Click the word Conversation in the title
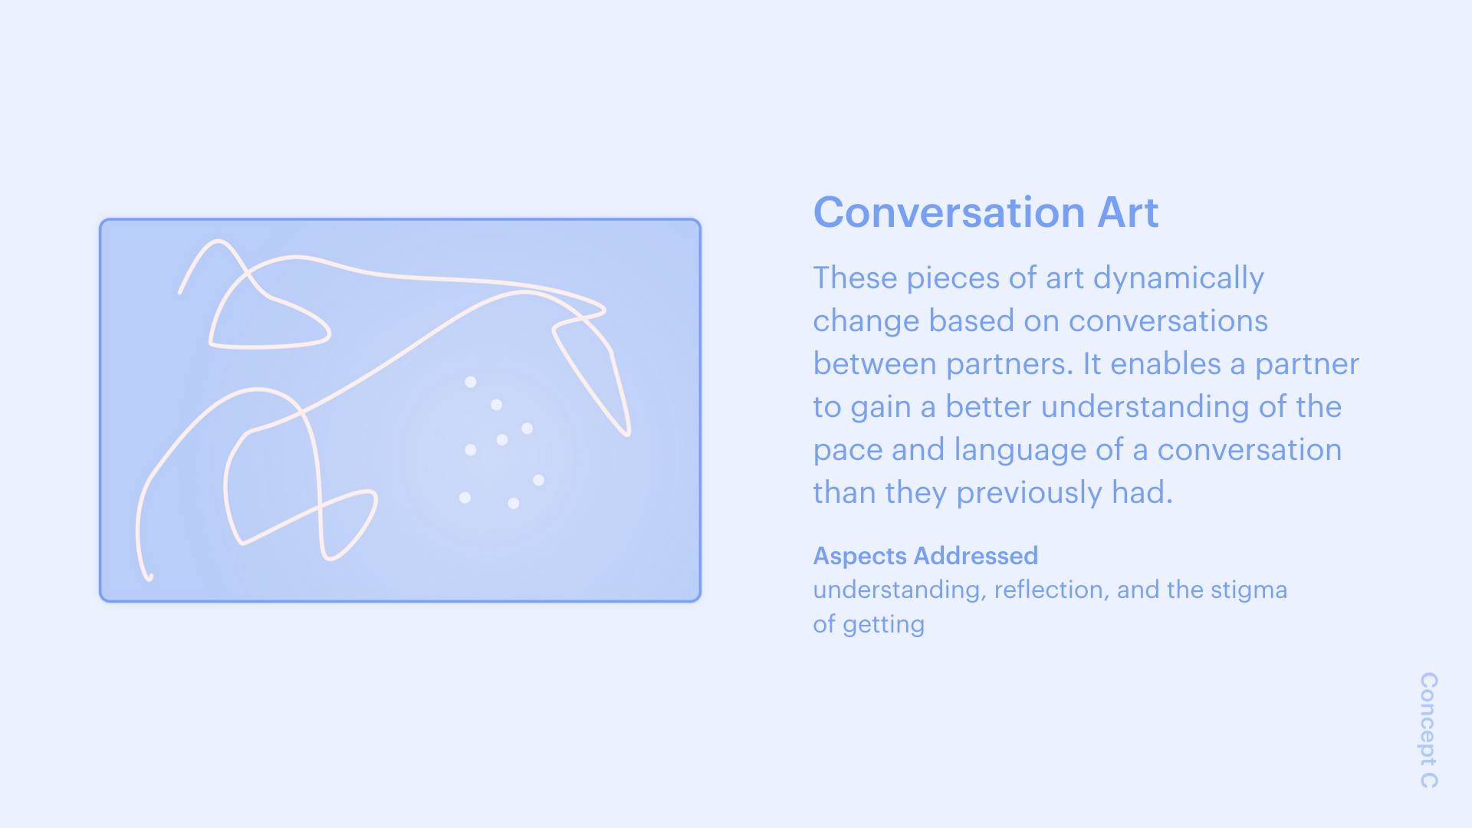coord(949,212)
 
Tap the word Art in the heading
coord(1129,212)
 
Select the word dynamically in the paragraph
coord(1178,278)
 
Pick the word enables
coord(1165,364)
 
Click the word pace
coord(848,451)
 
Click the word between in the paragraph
coord(875,364)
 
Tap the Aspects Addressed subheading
coord(925,556)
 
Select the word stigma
coord(1249,591)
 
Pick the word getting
coord(884,626)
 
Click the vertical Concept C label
coord(1429,731)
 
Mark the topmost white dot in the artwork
coord(471,382)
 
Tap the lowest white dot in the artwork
coord(514,504)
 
